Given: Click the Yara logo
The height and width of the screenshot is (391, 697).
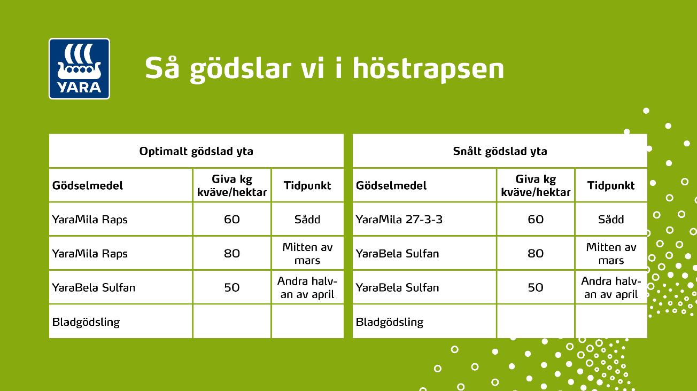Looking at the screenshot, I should pos(79,68).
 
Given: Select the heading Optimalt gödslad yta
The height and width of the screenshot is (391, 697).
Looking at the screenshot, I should pos(196,151).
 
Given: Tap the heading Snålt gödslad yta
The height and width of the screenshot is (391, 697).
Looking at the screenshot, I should pos(500,151).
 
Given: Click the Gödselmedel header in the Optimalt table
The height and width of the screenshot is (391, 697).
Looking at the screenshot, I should pos(88,186).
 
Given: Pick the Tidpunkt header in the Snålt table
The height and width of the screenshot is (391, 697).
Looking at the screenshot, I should pos(611,186).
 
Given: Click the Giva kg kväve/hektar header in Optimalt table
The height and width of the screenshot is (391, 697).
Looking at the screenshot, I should pos(232,185).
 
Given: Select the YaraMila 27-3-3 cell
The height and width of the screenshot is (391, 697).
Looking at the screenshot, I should pos(399,220).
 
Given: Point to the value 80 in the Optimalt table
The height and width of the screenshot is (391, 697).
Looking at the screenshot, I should pos(232,253).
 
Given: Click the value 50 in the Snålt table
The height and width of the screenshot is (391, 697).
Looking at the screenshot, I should pos(536,287).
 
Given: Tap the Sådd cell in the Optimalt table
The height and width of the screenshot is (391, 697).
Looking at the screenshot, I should pos(307,220).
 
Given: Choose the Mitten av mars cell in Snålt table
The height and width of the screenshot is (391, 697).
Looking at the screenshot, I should pos(611,254).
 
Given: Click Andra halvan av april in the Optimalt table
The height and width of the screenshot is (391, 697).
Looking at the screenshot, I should pos(307,287).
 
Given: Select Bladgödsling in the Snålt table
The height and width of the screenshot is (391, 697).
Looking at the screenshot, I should pos(390,322).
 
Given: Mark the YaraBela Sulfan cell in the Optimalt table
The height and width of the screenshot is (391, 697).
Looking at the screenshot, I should pos(94,287).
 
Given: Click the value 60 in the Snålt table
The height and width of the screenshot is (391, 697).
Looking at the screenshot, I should pos(536,220).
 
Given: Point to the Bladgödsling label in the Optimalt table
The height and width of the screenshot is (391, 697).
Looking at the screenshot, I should pos(86,322).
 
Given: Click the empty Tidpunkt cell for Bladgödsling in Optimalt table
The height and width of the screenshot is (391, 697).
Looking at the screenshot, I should pos(307,322).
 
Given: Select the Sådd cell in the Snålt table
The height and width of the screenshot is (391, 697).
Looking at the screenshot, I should pos(611,220).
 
